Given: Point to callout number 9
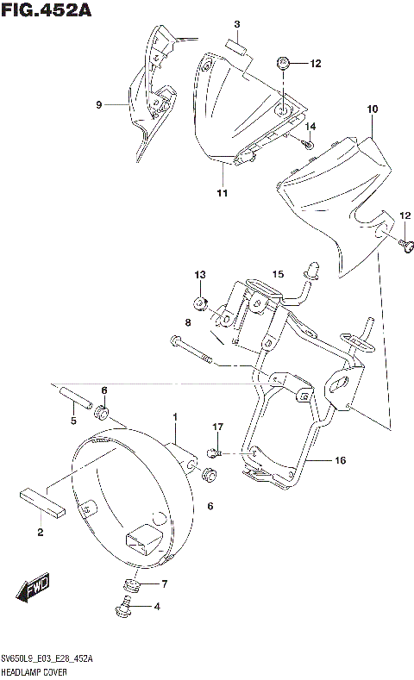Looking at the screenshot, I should click(99, 105).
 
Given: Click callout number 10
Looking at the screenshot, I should click(372, 109).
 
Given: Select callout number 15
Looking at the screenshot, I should click(278, 274).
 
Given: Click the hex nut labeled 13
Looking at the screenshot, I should click(199, 303).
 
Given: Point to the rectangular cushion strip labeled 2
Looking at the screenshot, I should click(40, 502).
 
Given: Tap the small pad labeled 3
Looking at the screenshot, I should click(237, 47).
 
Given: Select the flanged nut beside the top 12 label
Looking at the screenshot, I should click(284, 63).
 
